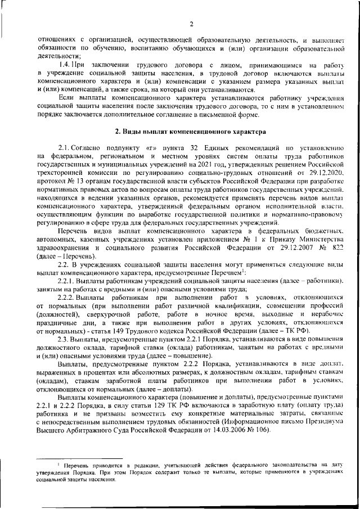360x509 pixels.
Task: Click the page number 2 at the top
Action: coord(191,24)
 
